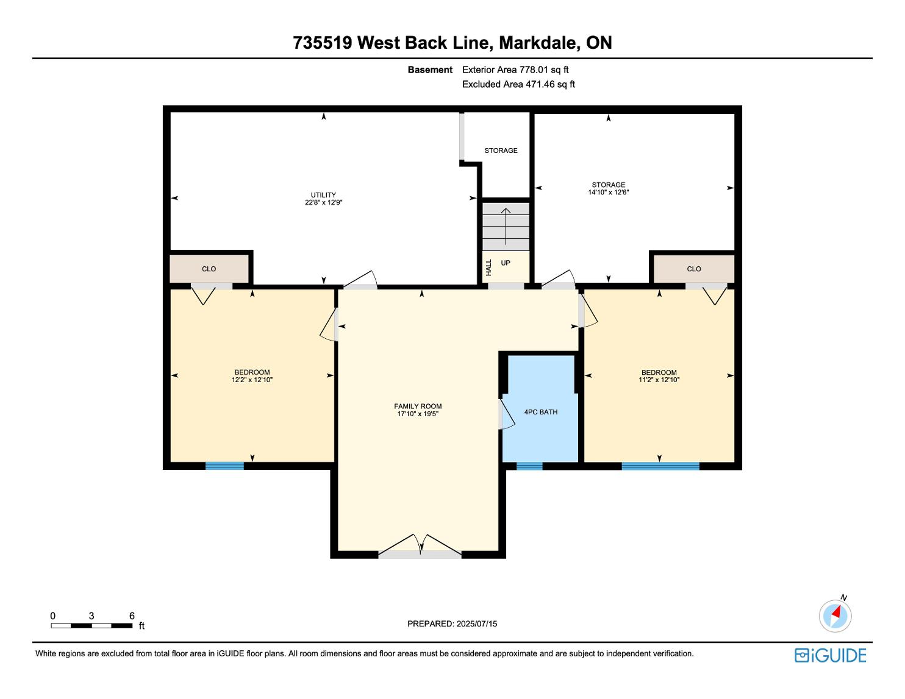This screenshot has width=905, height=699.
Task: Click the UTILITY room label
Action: tap(323, 195)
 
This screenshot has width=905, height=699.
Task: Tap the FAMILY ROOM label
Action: tap(418, 406)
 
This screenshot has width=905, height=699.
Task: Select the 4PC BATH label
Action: tap(540, 412)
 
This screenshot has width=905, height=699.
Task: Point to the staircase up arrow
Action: tap(506, 226)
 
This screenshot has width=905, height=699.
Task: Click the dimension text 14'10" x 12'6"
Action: tap(608, 192)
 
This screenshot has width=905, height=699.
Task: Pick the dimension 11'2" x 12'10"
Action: tap(659, 380)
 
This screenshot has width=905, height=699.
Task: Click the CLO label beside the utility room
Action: tap(209, 269)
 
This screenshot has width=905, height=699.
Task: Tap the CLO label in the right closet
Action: tap(694, 269)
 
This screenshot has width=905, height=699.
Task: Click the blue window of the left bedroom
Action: tap(224, 466)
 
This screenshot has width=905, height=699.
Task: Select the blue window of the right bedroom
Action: tap(660, 466)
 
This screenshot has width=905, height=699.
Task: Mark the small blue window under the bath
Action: tap(529, 466)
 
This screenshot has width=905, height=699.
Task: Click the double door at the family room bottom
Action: tap(420, 546)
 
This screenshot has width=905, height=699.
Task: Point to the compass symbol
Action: tap(835, 616)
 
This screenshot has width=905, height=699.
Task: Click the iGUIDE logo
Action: tap(830, 655)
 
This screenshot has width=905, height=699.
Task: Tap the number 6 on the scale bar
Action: tap(132, 616)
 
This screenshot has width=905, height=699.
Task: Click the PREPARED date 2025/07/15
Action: tap(476, 623)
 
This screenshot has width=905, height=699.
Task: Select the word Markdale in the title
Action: tap(538, 43)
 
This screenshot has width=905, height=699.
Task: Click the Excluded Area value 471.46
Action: tap(540, 84)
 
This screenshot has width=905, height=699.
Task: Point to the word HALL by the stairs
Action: tap(488, 267)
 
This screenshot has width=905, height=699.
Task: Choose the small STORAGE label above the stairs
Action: tap(501, 151)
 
